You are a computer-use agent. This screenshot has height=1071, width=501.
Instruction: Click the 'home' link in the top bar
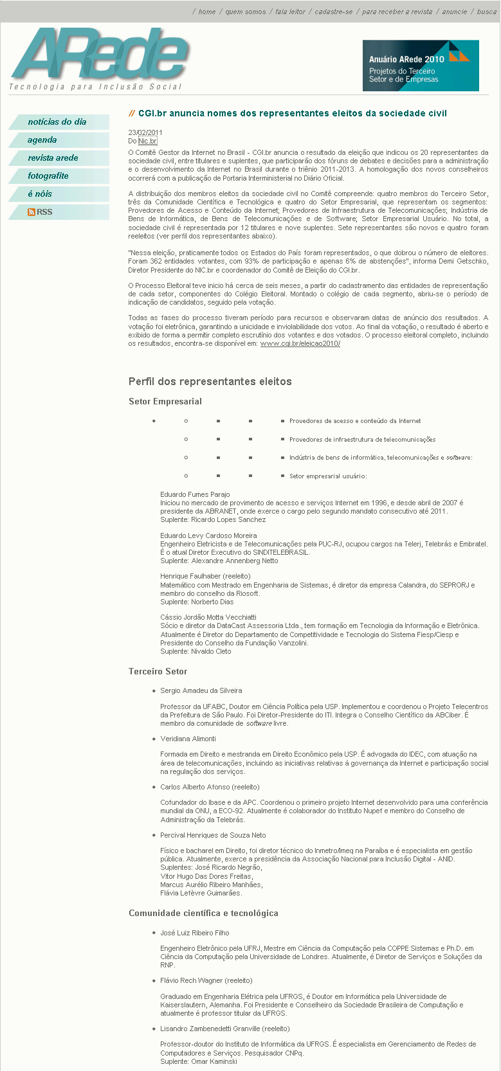coord(207,12)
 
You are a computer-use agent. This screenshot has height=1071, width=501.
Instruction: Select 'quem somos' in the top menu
coord(245,12)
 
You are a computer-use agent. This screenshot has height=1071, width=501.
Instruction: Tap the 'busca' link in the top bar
coord(487,12)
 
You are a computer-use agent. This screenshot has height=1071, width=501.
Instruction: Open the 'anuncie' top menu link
coord(455,12)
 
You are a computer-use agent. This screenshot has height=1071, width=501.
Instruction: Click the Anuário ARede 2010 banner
coord(421,66)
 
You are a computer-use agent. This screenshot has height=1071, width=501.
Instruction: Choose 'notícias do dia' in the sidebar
coord(57,122)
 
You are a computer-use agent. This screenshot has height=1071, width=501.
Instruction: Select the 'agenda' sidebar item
coord(42,140)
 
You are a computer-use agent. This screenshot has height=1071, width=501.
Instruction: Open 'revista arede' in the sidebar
coord(53,158)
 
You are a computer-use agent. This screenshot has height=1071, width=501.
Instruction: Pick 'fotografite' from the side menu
coord(48,176)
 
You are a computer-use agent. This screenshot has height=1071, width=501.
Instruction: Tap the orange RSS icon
coord(32,212)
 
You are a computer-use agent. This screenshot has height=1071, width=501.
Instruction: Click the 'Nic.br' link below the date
coord(147,141)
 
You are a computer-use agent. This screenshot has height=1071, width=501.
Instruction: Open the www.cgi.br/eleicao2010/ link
coord(300,344)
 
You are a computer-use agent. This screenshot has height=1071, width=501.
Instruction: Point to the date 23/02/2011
coord(145,132)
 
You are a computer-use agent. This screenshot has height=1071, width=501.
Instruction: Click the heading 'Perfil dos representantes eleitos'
coord(210,381)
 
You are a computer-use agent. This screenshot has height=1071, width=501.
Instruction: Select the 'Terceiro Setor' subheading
coord(158,671)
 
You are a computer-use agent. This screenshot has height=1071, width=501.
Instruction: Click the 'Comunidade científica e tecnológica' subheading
coord(203,914)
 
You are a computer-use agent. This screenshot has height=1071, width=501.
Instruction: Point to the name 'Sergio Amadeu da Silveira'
coord(201,690)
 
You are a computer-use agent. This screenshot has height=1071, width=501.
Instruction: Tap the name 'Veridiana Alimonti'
coord(188,739)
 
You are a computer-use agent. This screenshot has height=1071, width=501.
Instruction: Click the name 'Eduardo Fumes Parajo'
coord(195,494)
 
